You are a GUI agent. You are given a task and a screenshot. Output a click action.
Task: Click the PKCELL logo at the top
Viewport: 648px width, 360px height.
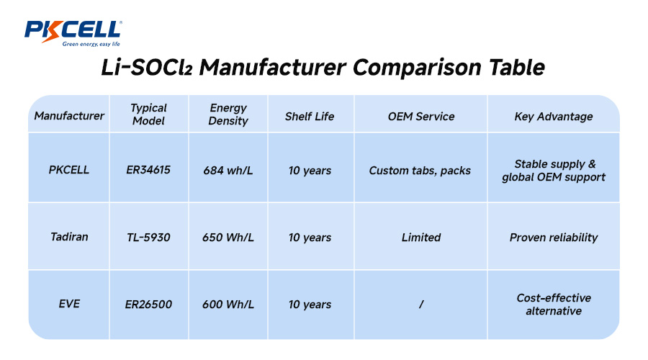(x=73, y=32)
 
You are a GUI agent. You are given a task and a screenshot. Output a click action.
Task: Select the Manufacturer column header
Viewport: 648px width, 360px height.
(x=69, y=116)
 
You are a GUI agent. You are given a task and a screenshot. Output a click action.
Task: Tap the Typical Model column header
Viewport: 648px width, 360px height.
(x=148, y=114)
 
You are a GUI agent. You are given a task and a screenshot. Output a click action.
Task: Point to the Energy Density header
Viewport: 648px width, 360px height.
(x=228, y=114)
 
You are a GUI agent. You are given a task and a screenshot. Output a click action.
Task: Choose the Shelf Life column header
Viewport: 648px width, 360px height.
(x=310, y=116)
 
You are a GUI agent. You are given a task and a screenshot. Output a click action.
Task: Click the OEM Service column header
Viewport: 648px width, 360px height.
(x=421, y=116)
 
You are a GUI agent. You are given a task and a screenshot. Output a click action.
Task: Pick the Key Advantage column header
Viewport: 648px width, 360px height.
(x=554, y=116)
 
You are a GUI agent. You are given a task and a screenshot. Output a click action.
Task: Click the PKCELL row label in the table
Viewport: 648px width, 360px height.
(x=69, y=171)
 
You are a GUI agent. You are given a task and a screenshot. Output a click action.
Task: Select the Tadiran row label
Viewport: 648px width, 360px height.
(x=69, y=237)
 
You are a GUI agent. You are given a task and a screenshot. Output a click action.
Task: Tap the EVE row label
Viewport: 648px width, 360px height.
(x=69, y=304)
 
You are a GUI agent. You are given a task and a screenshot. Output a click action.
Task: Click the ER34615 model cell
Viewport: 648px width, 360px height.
(x=148, y=171)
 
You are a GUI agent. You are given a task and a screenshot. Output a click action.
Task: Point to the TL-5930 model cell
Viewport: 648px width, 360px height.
(x=148, y=237)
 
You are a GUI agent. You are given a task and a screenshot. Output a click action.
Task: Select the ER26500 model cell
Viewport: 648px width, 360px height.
(x=148, y=304)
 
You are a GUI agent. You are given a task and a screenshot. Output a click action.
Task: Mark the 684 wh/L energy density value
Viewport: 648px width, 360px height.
(x=228, y=171)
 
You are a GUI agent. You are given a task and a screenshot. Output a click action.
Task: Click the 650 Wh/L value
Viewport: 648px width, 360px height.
(x=228, y=237)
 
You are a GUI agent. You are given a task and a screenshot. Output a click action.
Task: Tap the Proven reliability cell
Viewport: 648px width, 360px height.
(x=554, y=237)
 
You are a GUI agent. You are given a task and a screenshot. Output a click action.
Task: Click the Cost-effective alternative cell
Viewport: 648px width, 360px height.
(x=554, y=304)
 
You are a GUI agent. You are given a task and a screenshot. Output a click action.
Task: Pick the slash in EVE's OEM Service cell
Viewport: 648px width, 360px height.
(x=420, y=305)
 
